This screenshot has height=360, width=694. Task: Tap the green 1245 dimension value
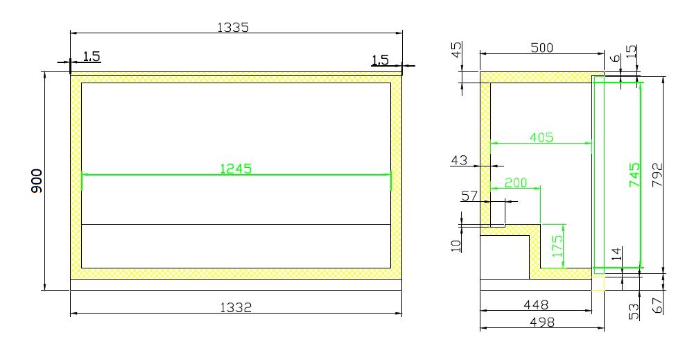click(x=236, y=168)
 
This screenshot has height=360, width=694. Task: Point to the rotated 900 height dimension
click(x=37, y=180)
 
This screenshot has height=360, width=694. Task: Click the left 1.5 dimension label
click(x=92, y=56)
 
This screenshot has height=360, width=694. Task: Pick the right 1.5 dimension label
click(x=380, y=60)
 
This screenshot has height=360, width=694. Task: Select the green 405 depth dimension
click(x=541, y=137)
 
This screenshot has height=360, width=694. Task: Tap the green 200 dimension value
click(x=514, y=182)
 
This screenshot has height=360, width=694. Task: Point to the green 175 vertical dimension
click(x=557, y=246)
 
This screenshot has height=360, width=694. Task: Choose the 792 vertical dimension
click(x=658, y=175)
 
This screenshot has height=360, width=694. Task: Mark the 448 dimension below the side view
click(x=536, y=304)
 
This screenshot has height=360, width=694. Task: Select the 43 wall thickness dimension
click(x=459, y=160)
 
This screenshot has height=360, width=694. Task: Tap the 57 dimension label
click(x=469, y=196)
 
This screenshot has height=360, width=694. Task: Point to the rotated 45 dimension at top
click(x=456, y=51)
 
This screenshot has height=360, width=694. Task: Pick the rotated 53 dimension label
click(x=634, y=311)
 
